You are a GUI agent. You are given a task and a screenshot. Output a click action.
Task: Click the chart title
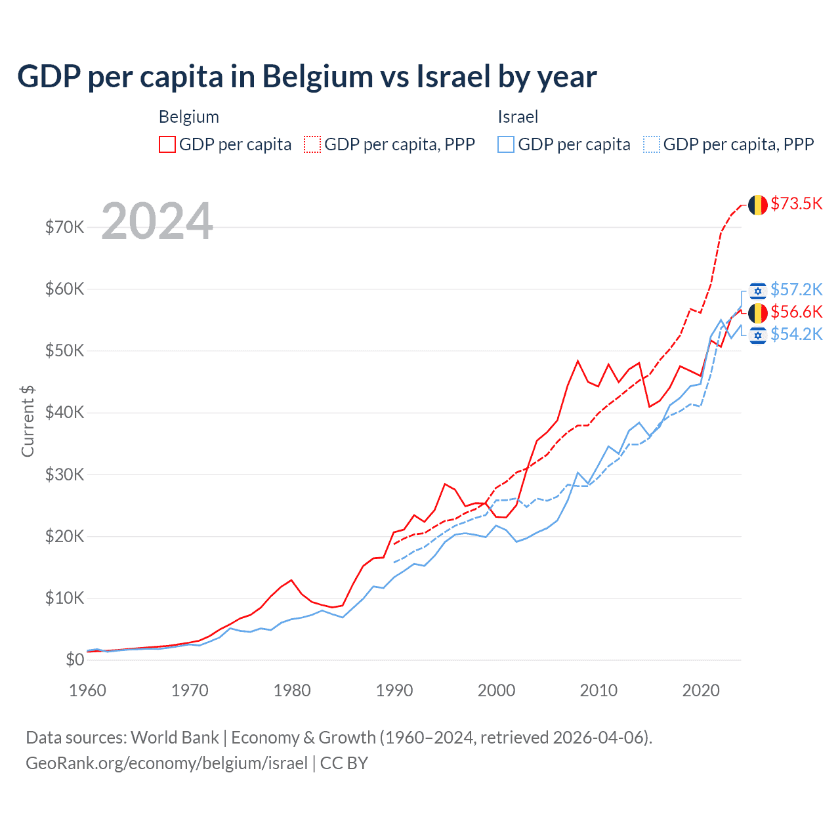[307, 77]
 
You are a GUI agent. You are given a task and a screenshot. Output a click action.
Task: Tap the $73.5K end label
[796, 203]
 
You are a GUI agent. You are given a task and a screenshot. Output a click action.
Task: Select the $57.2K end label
[796, 289]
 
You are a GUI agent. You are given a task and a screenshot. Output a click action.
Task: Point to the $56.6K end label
[796, 312]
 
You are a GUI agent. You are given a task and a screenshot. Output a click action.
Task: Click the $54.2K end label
[796, 334]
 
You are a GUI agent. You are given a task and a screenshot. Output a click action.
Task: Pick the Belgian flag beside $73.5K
[758, 205]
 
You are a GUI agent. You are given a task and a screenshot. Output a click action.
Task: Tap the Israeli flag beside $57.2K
[758, 291]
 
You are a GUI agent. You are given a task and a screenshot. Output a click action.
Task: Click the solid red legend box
[167, 144]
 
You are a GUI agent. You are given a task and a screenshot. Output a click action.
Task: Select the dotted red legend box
[312, 144]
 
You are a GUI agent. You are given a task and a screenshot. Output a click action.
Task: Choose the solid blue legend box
[506, 144]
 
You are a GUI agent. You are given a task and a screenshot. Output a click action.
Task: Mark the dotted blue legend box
[652, 144]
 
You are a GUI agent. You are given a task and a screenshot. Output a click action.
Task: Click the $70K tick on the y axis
[64, 227]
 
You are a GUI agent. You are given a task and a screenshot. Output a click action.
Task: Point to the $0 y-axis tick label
[75, 660]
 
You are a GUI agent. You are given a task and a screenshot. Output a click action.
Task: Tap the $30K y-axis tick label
[64, 474]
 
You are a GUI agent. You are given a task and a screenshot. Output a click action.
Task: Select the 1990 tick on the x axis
[394, 690]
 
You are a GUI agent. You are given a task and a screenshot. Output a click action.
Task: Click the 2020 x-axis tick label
[701, 690]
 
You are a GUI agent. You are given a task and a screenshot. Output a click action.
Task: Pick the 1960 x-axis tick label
[88, 690]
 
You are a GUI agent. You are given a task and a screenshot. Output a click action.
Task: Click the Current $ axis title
[28, 421]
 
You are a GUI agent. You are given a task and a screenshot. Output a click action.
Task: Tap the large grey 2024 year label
[157, 221]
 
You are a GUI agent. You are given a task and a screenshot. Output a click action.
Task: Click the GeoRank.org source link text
[167, 763]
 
